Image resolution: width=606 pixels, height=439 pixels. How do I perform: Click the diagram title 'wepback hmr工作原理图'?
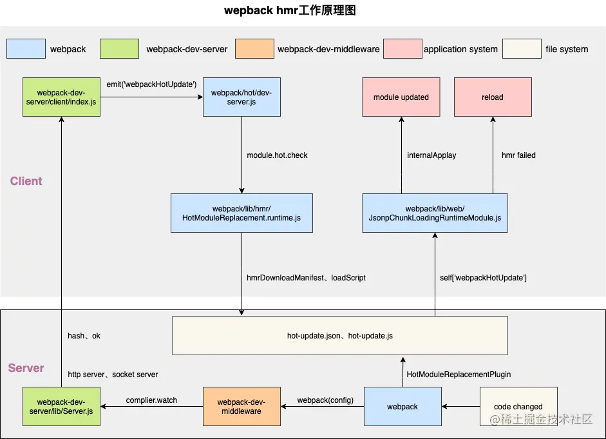(x=290, y=10)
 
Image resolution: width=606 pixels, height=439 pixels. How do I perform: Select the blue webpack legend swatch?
(x=26, y=49)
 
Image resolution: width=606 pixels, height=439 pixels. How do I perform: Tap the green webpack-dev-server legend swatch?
(x=119, y=49)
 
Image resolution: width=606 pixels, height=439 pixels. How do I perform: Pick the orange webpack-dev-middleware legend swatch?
(x=254, y=49)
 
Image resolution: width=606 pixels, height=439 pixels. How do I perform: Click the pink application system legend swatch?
(x=402, y=49)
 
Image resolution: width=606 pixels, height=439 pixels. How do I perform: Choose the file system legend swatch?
(x=522, y=49)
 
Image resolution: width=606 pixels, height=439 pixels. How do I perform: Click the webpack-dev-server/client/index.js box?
(x=61, y=97)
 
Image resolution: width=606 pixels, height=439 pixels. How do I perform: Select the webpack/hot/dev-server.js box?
(x=241, y=97)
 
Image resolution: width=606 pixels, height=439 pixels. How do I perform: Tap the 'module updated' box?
(x=401, y=97)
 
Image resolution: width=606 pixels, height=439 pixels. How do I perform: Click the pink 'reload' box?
(x=493, y=97)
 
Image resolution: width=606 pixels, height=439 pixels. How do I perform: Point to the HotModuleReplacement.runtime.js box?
(x=241, y=213)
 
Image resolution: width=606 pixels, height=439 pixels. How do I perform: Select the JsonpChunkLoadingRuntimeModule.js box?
(x=435, y=213)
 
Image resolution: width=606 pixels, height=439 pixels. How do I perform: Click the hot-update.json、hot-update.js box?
(x=339, y=336)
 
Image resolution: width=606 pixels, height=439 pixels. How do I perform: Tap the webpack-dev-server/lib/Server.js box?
(x=61, y=407)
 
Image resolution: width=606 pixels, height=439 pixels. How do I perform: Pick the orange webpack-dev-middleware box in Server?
(x=241, y=407)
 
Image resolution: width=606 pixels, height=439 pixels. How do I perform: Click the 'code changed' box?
(x=518, y=407)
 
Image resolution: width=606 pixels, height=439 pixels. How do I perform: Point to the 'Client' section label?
(x=26, y=181)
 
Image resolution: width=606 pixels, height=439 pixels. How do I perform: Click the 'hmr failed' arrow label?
(x=518, y=155)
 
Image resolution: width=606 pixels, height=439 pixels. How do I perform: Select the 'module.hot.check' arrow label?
(x=277, y=155)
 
